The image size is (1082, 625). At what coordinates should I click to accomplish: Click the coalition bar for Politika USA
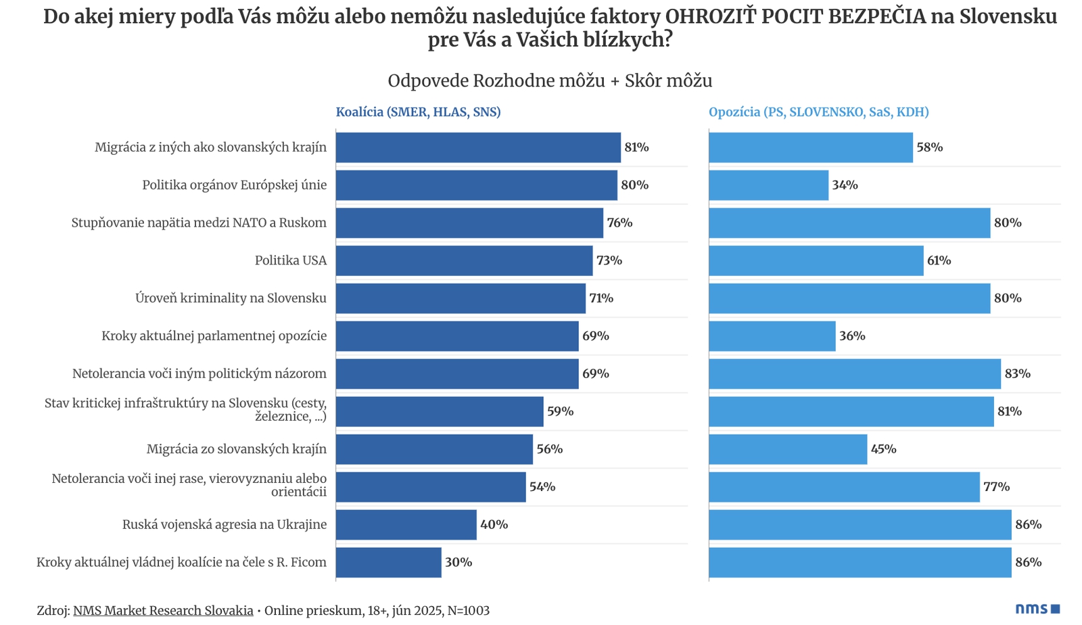(464, 260)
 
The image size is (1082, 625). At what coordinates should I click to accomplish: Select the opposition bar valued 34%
(768, 185)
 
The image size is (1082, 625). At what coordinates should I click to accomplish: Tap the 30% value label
(458, 562)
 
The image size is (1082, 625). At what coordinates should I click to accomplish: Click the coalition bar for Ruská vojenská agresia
(406, 524)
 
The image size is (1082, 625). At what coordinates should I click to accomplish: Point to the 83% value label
(1017, 373)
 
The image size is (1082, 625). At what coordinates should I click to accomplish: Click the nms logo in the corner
(1037, 609)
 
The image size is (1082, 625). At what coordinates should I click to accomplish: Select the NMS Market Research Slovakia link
(163, 610)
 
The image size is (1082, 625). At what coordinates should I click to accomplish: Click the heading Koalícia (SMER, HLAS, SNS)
(418, 112)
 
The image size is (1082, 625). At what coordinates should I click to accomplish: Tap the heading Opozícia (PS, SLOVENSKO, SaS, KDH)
(818, 112)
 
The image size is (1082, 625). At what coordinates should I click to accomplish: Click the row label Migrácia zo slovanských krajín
(237, 449)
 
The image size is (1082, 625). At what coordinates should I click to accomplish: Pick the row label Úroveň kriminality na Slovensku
(231, 298)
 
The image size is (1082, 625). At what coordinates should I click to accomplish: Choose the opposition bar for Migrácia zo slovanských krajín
(788, 449)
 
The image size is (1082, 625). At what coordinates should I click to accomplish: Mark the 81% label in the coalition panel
(636, 147)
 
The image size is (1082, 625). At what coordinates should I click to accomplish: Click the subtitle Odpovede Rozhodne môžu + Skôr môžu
(550, 81)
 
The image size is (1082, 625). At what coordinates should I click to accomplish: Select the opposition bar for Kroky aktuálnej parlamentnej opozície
(772, 336)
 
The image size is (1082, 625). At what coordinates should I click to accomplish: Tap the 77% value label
(996, 487)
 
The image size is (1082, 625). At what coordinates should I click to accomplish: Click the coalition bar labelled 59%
(440, 411)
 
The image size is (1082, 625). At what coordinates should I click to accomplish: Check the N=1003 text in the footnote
(468, 610)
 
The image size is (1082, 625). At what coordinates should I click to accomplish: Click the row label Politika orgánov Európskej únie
(234, 185)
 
